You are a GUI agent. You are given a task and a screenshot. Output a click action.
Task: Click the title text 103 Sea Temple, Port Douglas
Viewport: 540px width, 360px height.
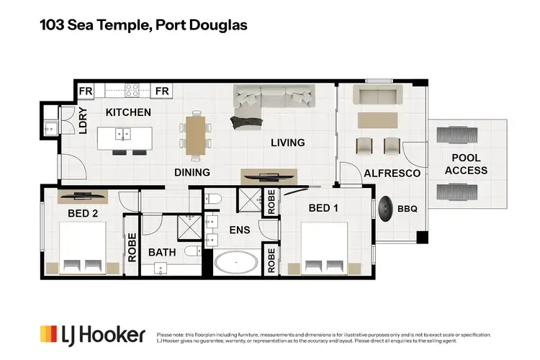(x=143, y=25)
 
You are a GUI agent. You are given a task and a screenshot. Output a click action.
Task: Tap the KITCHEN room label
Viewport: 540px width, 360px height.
(x=128, y=112)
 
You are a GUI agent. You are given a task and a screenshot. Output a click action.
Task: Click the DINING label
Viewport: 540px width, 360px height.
(x=192, y=172)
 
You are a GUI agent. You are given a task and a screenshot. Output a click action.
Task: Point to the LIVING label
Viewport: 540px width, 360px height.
(x=287, y=143)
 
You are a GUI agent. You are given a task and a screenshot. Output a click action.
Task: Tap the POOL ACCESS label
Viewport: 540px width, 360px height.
(x=466, y=164)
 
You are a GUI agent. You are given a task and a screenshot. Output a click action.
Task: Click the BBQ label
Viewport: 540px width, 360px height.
(x=407, y=209)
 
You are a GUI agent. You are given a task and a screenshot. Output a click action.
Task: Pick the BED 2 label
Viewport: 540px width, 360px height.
(x=84, y=213)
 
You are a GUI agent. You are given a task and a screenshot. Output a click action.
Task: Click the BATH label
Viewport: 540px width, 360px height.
(x=162, y=253)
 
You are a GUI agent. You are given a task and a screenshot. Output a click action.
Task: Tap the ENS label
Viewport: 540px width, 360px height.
(x=239, y=231)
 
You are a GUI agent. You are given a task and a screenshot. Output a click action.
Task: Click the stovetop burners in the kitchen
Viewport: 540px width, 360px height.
(x=132, y=91)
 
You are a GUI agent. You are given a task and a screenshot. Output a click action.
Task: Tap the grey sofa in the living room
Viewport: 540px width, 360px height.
(x=273, y=96)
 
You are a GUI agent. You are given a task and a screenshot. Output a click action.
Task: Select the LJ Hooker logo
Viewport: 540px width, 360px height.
(x=93, y=335)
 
